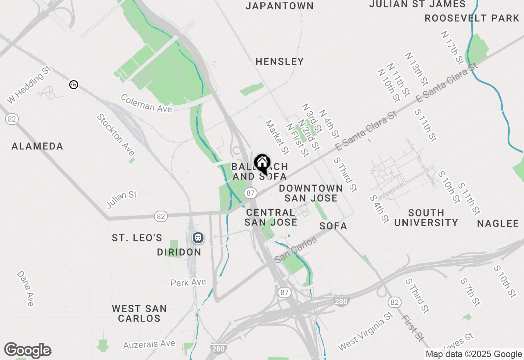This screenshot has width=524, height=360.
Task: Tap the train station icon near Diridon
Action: [x=198, y=238]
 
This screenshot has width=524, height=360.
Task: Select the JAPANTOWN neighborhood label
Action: [x=280, y=6]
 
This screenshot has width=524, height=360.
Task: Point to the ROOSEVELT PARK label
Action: [x=472, y=18]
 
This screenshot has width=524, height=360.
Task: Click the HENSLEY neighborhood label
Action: [x=280, y=61]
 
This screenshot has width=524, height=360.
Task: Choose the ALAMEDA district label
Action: [x=37, y=146]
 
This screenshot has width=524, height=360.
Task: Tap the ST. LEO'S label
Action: [x=137, y=238]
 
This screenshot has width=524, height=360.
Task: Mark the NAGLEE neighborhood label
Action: [x=498, y=223]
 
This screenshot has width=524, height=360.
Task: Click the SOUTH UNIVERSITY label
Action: [x=426, y=218]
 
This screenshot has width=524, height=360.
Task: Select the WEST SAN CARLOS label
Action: [x=139, y=313]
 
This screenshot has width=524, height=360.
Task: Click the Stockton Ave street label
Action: [x=116, y=135]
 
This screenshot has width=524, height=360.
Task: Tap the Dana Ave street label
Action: [x=25, y=288]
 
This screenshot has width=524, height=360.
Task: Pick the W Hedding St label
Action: [x=29, y=86]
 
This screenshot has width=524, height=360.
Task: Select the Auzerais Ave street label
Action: [x=149, y=344]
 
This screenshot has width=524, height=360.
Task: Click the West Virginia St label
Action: [x=365, y=331]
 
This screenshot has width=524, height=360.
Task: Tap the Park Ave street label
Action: [x=188, y=282]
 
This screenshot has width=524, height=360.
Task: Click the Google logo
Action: [x=27, y=350]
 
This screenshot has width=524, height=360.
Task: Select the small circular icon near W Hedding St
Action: [x=74, y=85]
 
